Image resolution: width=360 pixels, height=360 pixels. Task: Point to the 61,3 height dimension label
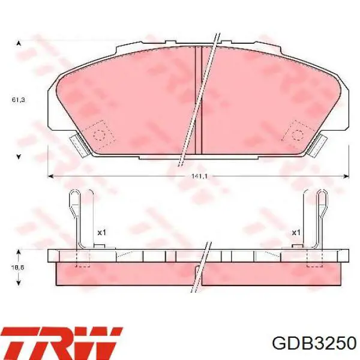(19, 100)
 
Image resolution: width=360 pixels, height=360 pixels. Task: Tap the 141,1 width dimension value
(199, 176)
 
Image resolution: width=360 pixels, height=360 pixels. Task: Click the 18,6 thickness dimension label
(17, 268)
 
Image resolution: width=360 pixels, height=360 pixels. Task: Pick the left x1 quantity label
(102, 233)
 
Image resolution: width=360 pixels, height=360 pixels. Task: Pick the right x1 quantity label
(296, 233)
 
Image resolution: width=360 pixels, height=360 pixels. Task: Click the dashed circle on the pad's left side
(100, 134)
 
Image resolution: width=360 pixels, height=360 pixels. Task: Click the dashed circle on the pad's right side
(298, 134)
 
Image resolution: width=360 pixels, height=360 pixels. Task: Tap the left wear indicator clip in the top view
(79, 146)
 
